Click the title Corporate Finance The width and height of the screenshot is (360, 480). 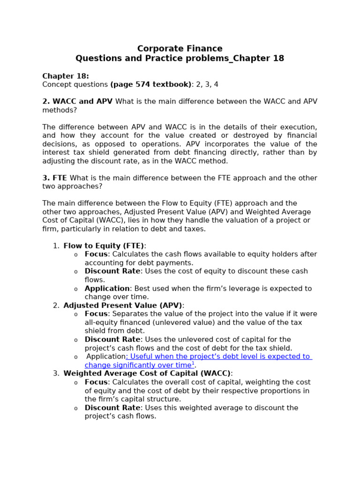180,49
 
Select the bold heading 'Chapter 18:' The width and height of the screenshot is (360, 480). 65,76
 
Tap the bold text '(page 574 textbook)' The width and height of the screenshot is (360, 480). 151,84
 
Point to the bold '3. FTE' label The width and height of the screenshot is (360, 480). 55,178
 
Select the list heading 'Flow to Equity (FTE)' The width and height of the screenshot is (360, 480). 104,246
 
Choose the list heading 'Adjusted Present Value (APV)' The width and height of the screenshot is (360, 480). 122,306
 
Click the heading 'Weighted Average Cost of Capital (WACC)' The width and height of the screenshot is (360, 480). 147,374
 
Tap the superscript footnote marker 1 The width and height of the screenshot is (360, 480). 193,364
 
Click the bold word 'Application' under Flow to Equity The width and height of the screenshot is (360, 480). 107,288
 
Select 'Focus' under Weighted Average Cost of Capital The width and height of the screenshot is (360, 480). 96,382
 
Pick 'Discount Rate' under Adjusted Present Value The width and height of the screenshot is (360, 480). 112,339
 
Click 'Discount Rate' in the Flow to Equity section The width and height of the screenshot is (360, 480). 112,271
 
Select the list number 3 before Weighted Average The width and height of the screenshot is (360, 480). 56,374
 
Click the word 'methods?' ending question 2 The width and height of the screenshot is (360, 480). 60,110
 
